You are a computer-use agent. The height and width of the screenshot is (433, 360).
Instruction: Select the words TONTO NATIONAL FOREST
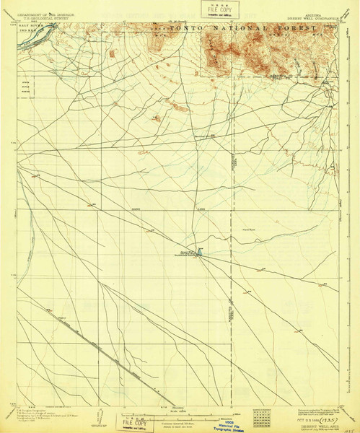pos(242,28)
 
